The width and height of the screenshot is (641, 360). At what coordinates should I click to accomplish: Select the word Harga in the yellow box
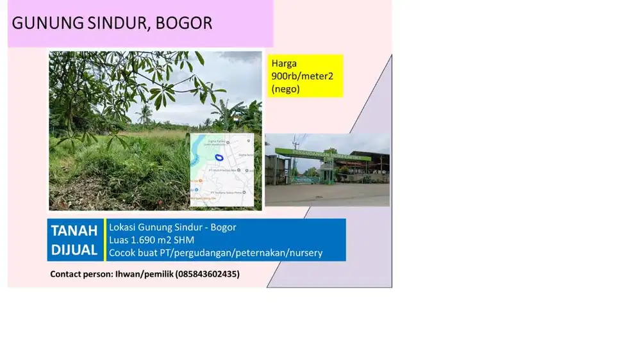[x=285, y=63]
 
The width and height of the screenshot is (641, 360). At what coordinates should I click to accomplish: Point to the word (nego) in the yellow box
[x=285, y=89]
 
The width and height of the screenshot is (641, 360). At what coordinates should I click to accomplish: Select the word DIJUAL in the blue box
[x=74, y=250]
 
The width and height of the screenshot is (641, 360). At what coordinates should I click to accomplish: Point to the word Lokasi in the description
[x=122, y=227]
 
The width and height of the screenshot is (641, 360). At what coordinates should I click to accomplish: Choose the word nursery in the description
[x=306, y=253]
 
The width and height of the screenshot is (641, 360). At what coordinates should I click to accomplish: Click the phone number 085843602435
[x=209, y=274]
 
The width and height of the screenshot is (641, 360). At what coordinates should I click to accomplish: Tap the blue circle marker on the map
[x=219, y=157]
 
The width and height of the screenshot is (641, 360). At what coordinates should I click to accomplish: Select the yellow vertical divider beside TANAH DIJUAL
[x=104, y=240]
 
